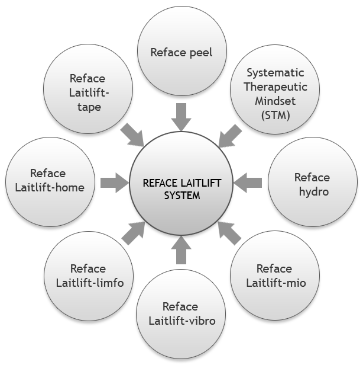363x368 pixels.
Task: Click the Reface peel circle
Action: click(x=181, y=52)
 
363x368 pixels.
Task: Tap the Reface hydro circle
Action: click(x=312, y=184)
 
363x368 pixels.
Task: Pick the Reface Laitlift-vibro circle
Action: click(x=181, y=313)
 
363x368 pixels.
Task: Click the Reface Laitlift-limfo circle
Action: click(x=89, y=276)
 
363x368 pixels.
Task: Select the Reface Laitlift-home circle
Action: click(x=49, y=180)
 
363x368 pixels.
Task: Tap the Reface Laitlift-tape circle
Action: click(x=88, y=92)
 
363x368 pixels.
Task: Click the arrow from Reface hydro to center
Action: click(x=249, y=182)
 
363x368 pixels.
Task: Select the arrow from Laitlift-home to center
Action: click(x=114, y=182)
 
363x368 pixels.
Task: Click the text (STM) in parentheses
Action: click(x=275, y=116)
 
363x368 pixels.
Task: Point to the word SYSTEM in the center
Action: click(x=181, y=196)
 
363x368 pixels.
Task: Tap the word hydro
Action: click(x=312, y=191)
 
